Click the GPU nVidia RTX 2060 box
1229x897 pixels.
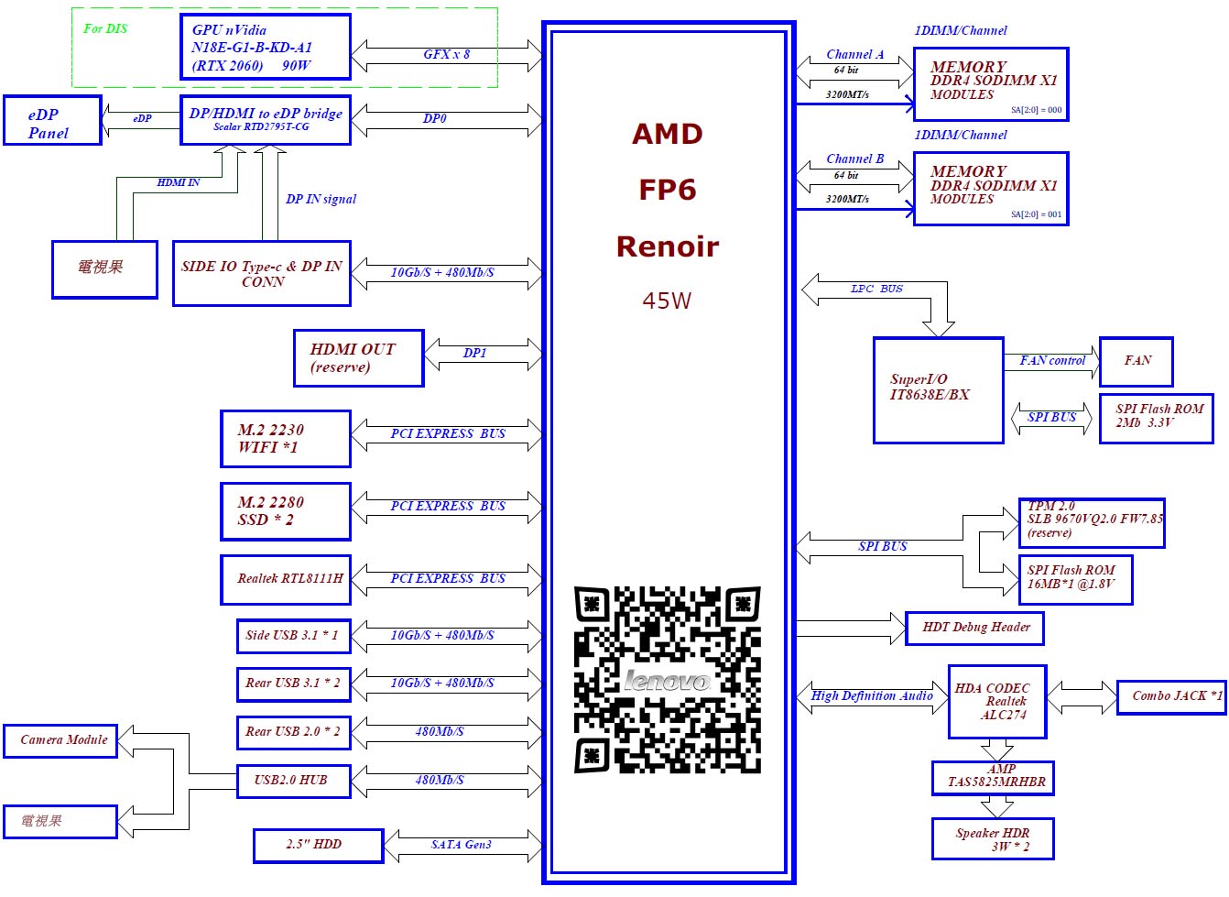[265, 47]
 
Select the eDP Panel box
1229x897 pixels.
[53, 120]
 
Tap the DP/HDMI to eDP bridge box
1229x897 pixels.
[265, 120]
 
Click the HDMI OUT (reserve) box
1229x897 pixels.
[359, 358]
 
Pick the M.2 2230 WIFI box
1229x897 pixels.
[286, 439]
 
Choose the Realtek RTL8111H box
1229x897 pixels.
[286, 580]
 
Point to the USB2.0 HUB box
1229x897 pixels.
[294, 781]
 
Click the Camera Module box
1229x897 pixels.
[60, 740]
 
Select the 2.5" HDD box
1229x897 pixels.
[318, 846]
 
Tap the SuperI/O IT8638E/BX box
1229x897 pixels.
[938, 389]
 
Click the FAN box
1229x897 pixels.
[1137, 362]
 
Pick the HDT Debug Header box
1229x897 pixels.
[974, 628]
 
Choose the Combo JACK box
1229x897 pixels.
[1171, 697]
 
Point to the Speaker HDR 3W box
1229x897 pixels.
[993, 838]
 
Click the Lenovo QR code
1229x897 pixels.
[668, 680]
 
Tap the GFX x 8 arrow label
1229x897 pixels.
[446, 54]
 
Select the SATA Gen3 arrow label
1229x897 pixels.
[461, 844]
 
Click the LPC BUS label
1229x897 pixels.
[876, 289]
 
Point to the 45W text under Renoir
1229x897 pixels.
[667, 301]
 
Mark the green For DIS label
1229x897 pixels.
[105, 28]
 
